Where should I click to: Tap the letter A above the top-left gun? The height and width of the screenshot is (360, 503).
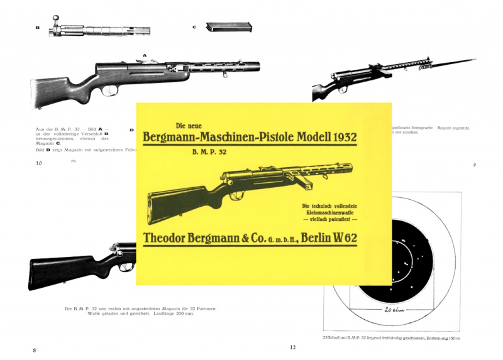[145, 55]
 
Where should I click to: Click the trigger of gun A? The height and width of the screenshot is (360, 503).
[114, 90]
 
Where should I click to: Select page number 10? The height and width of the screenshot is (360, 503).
[39, 163]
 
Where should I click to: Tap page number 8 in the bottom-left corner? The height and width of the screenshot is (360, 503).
[35, 349]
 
